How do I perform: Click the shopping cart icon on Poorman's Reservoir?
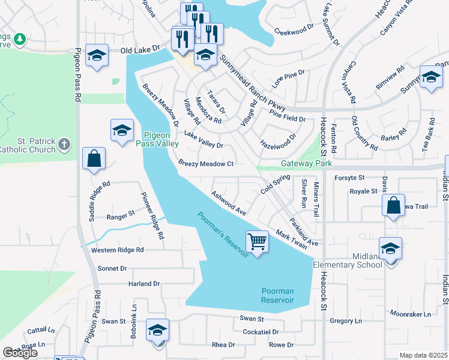pyautogui.click(x=257, y=241)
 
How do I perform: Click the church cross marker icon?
pyautogui.click(x=65, y=144)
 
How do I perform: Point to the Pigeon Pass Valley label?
pyautogui.click(x=160, y=140)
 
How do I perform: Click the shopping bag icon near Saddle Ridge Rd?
pyautogui.click(x=94, y=159)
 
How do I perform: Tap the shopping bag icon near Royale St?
pyautogui.click(x=393, y=205)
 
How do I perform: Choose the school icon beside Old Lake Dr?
pyautogui.click(x=97, y=55)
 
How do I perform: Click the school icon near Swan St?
pyautogui.click(x=158, y=330)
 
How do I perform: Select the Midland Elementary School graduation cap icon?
pyautogui.click(x=390, y=248)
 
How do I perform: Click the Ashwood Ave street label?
pyautogui.click(x=229, y=203)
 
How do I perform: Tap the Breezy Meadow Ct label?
pyautogui.click(x=206, y=164)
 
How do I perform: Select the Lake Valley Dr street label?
pyautogui.click(x=203, y=140)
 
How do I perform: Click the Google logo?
pyautogui.click(x=20, y=353)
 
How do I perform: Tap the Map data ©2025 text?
pyautogui.click(x=423, y=355)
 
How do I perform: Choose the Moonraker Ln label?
pyautogui.click(x=410, y=314)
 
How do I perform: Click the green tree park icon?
pyautogui.click(x=20, y=40)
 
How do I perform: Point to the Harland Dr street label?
pyautogui.click(x=144, y=283)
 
